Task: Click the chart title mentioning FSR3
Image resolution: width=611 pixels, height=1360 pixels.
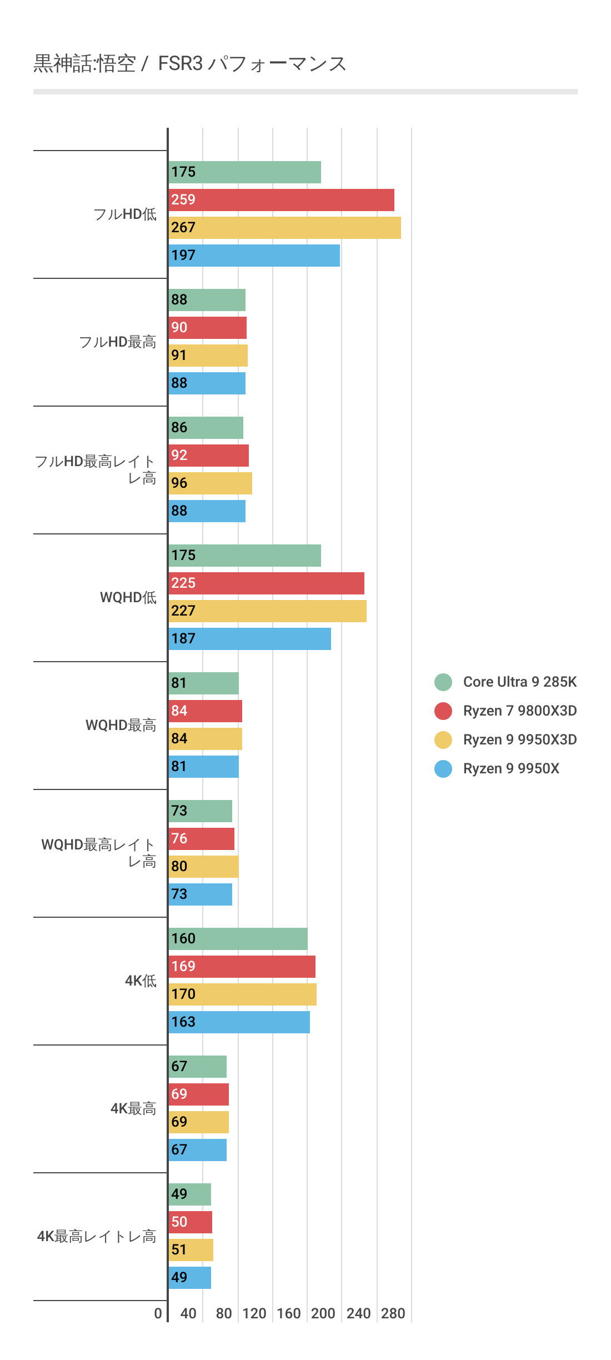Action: (190, 64)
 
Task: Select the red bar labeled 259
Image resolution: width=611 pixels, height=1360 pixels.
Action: (281, 200)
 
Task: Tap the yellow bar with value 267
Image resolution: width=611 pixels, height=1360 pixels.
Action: (284, 228)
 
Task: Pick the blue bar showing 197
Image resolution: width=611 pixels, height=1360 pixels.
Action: (254, 256)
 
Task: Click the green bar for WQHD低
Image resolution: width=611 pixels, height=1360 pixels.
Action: (244, 556)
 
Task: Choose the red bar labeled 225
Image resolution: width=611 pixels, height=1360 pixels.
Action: (266, 583)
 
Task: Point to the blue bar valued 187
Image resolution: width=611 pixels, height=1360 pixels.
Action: (249, 639)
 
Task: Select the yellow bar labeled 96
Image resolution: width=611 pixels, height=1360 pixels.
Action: (210, 483)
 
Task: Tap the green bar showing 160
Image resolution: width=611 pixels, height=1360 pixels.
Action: (238, 939)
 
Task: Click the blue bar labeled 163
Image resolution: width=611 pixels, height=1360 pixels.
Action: (239, 1022)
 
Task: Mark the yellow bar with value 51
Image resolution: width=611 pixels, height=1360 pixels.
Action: (191, 1250)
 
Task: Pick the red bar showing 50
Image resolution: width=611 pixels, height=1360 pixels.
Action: (190, 1222)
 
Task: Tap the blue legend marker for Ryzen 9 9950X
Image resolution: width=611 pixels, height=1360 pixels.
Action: (443, 768)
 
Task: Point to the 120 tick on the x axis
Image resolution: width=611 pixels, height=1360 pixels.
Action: (254, 1313)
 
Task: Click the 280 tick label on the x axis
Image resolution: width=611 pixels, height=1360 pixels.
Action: (393, 1313)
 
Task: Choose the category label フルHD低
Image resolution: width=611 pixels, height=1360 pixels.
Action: (125, 214)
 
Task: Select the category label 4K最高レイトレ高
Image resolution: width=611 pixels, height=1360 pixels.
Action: (97, 1236)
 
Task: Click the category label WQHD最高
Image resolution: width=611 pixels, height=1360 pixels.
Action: (121, 725)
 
